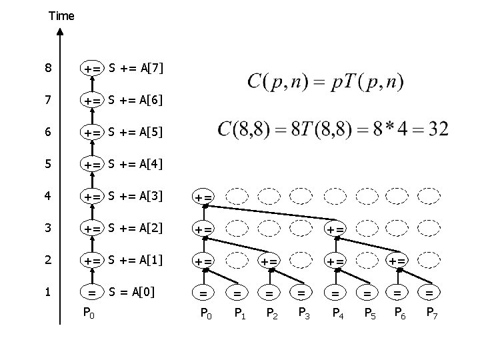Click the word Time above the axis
point(61,15)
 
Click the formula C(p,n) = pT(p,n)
point(325,82)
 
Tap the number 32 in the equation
point(437,129)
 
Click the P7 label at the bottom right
point(433,313)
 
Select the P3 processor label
point(303,313)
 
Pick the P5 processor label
point(367,313)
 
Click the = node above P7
point(430,291)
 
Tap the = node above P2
point(269,291)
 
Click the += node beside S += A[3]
point(92,196)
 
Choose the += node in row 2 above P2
point(269,261)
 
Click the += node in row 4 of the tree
point(204,197)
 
